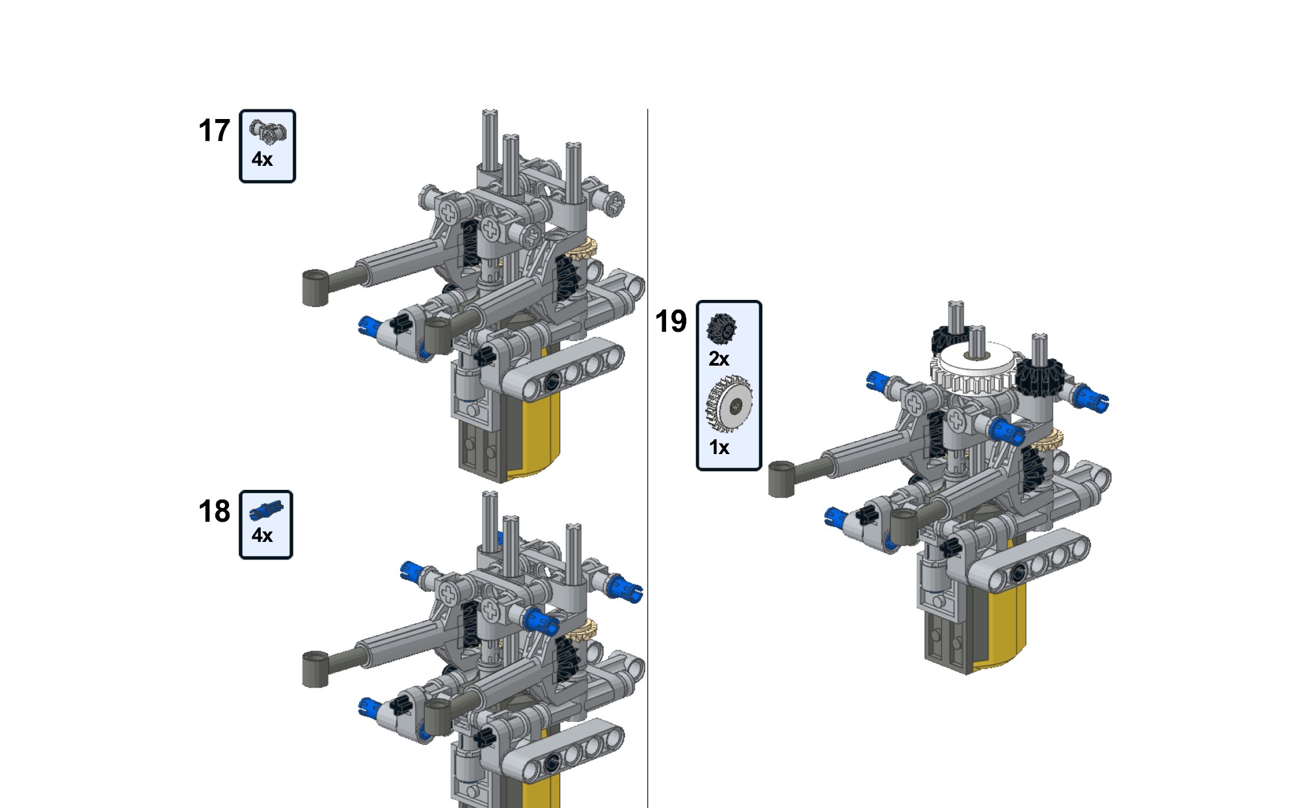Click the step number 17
click(214, 131)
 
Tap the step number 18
click(214, 511)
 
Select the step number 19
click(671, 321)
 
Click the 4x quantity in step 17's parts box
click(262, 159)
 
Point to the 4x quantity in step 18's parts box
click(262, 535)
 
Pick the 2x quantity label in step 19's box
click(719, 358)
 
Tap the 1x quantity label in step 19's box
click(719, 448)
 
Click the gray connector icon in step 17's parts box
click(267, 131)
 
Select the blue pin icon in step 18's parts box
click(266, 511)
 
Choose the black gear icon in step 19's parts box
click(721, 329)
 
